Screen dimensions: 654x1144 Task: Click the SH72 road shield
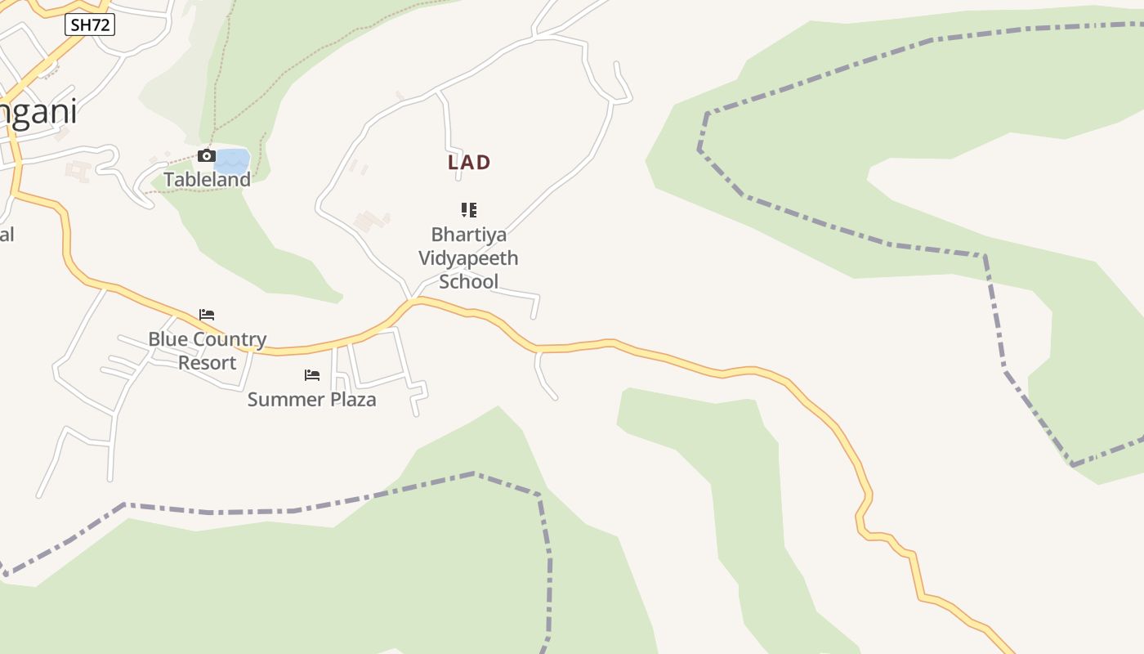tap(90, 25)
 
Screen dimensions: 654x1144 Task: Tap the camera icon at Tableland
tap(206, 155)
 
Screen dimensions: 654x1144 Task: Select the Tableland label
tap(207, 179)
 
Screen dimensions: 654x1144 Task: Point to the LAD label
tap(469, 163)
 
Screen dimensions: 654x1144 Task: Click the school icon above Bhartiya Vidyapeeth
tap(469, 210)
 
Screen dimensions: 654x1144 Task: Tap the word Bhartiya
tap(469, 235)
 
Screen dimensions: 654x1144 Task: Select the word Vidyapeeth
tap(468, 258)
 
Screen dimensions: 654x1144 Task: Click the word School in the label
tap(468, 282)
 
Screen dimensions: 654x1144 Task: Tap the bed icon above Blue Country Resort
tap(207, 315)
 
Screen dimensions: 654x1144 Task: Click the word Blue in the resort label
tap(167, 339)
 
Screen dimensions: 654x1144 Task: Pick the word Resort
tap(207, 363)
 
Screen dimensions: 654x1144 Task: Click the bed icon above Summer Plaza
tap(312, 375)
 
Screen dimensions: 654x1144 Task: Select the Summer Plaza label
tap(311, 400)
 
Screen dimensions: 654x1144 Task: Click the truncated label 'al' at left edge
tap(7, 235)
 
